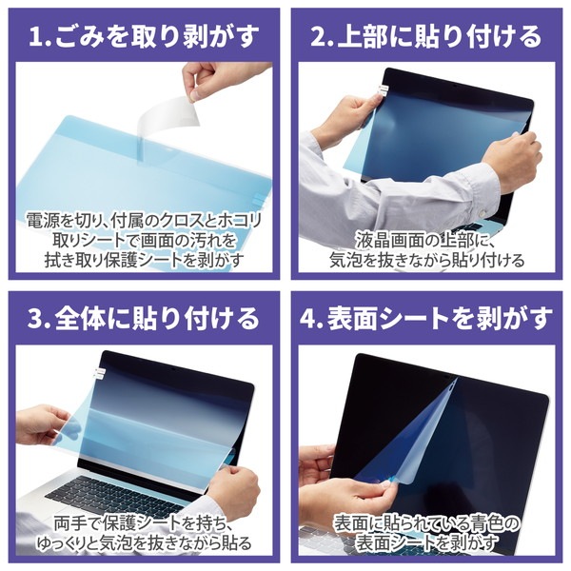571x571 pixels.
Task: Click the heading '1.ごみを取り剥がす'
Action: pyautogui.click(x=144, y=38)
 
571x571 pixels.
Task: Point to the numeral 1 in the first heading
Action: pyautogui.click(x=37, y=38)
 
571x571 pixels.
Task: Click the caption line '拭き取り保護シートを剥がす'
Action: pyautogui.click(x=144, y=260)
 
